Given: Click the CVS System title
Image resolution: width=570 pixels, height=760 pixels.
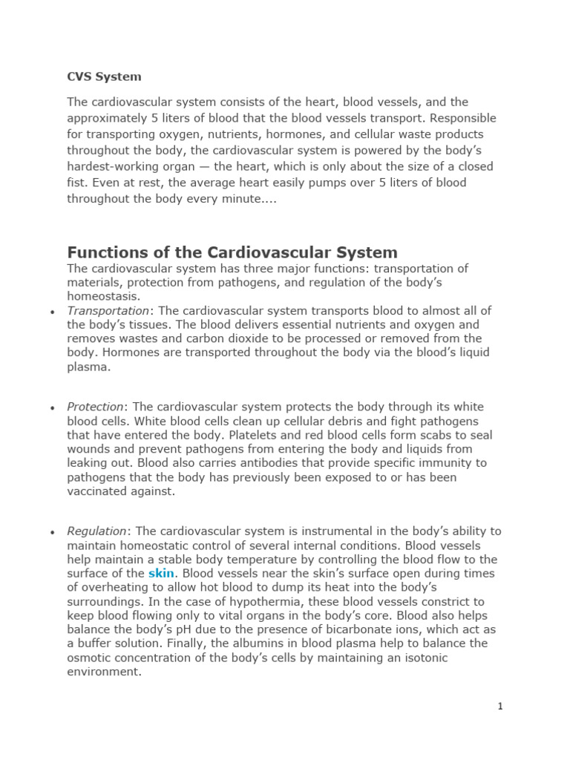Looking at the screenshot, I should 104,76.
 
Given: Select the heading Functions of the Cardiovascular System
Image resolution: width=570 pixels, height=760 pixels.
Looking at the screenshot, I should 232,252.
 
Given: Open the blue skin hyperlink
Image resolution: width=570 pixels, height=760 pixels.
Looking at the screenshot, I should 161,573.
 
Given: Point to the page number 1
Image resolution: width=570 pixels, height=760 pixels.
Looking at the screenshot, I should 500,707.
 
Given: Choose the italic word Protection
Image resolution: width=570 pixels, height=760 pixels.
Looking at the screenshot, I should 95,407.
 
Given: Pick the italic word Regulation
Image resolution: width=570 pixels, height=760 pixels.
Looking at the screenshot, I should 96,531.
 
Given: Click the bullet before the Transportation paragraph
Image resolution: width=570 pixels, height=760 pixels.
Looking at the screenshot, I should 52,312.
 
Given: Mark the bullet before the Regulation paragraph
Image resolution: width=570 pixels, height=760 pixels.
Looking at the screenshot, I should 52,532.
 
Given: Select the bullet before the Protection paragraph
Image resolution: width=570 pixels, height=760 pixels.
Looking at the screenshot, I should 52,408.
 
